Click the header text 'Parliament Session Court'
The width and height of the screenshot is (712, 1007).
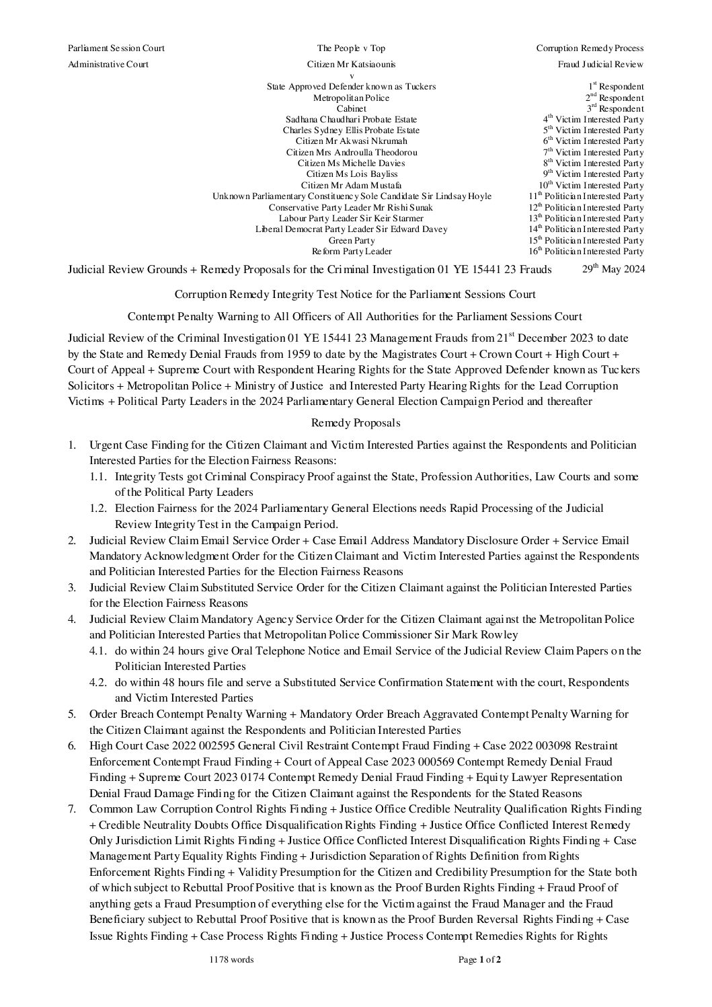point(116,48)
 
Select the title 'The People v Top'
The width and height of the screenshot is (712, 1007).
point(351,48)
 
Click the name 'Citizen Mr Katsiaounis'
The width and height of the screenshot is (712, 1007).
point(351,65)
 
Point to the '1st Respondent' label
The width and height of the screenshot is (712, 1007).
point(615,87)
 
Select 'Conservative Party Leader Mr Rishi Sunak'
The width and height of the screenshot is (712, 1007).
point(351,207)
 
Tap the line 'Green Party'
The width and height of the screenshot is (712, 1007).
point(351,240)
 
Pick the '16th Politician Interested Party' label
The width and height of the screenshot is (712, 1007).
point(586,252)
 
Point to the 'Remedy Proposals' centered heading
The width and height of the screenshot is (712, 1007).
point(356,423)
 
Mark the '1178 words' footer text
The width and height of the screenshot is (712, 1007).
point(231,960)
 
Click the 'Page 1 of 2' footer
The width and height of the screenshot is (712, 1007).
point(479,960)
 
